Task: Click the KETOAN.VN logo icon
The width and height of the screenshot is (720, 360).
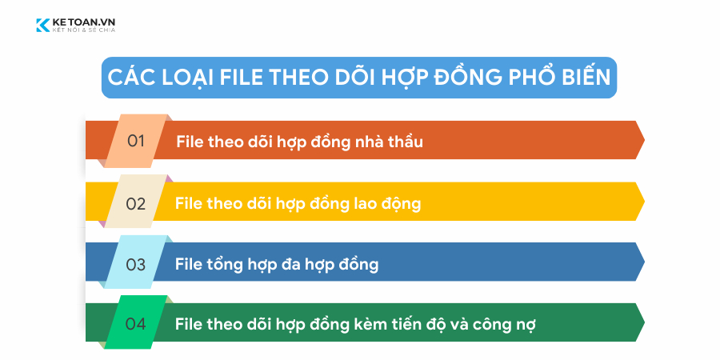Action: click(x=42, y=26)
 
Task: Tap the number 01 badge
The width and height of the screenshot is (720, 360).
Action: click(x=137, y=141)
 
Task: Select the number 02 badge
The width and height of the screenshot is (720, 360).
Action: click(x=136, y=203)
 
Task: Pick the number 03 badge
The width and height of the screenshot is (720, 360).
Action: click(x=136, y=264)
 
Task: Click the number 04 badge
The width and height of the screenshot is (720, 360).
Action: click(x=136, y=325)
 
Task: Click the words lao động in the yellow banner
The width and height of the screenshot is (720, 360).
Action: click(x=386, y=203)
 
